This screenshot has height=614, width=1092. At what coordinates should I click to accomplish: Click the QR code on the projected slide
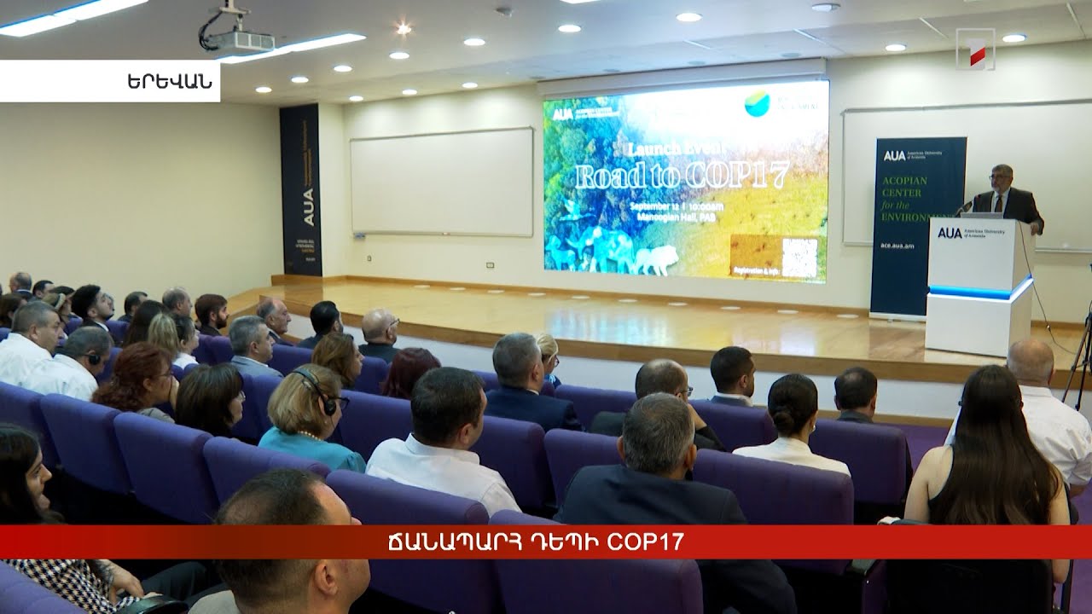pyautogui.click(x=799, y=258)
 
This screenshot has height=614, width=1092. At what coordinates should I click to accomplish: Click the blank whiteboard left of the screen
pyautogui.click(x=442, y=182)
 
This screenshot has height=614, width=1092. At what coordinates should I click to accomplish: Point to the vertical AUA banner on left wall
pyautogui.click(x=300, y=189)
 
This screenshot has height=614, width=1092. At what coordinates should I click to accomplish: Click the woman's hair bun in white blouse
pyautogui.click(x=783, y=397)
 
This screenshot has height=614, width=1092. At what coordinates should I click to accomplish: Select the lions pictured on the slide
pyautogui.click(x=655, y=259)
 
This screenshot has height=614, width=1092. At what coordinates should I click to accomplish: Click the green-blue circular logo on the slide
pyautogui.click(x=757, y=103)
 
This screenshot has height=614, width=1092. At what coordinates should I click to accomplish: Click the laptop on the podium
pyautogui.click(x=981, y=214)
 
